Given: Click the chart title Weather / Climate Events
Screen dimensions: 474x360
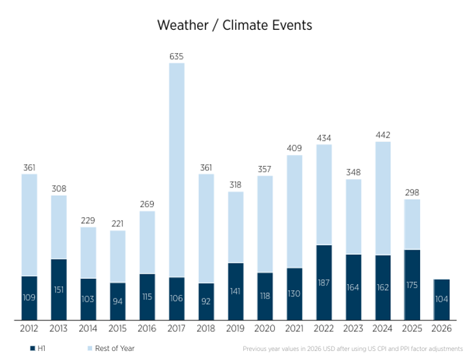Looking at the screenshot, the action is (x=235, y=25).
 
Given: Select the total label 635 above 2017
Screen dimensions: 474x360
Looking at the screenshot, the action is (x=176, y=56).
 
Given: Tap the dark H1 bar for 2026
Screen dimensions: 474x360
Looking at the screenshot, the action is (x=442, y=300).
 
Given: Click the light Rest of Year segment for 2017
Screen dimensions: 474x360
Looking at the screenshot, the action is (x=177, y=170).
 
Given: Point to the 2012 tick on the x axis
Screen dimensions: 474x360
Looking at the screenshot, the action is (x=29, y=328).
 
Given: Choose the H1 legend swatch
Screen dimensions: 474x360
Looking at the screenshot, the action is (x=32, y=348).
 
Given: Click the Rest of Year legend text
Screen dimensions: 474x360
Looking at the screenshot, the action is (x=115, y=348).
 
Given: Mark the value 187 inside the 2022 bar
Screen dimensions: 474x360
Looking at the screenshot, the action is (x=324, y=283).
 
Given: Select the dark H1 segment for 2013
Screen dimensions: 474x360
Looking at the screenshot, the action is (x=59, y=289).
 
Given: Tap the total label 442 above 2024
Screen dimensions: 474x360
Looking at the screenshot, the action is (x=383, y=135).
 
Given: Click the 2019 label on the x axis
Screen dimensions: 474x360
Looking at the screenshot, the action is (x=235, y=328).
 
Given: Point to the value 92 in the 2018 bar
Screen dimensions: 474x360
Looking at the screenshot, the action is (x=206, y=302).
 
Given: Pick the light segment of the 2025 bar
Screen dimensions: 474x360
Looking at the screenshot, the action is (x=412, y=224).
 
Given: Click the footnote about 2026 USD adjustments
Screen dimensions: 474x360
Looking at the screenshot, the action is (x=353, y=349).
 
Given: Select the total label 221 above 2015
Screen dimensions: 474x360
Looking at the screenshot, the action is (x=117, y=224).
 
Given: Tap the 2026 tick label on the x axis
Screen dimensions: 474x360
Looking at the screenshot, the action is (x=442, y=328).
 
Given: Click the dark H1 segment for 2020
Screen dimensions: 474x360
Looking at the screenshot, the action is (x=265, y=296).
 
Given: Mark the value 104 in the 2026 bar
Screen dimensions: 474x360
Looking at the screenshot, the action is (x=442, y=299).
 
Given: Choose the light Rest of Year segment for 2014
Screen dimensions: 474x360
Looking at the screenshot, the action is (x=88, y=252).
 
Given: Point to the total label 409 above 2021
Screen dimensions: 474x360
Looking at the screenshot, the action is (x=294, y=149).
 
